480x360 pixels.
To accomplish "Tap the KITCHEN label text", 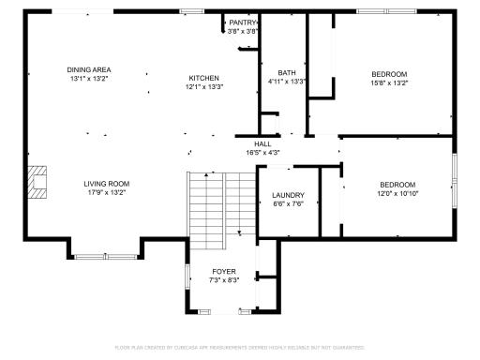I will pos(203,78).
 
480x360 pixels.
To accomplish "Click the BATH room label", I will pos(286,73).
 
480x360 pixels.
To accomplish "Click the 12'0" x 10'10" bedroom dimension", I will pos(397,193).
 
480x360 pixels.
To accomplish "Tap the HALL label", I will pos(262,143).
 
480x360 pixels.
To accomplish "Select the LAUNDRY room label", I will pos(289,196).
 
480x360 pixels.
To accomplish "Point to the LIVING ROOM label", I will pos(106,184).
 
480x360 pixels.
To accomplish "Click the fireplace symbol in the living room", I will pos(37,183).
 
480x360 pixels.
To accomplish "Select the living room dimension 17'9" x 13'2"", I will pos(106,193).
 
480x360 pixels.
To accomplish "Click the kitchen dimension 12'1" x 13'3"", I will pos(203,87).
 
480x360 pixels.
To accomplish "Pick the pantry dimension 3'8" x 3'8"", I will pos(243,31).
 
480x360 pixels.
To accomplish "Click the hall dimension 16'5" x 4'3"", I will pos(262,152).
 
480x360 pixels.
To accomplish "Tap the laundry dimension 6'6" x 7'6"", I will pos(289,204).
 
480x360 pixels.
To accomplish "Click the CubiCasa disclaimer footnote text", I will pos(240,348).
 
